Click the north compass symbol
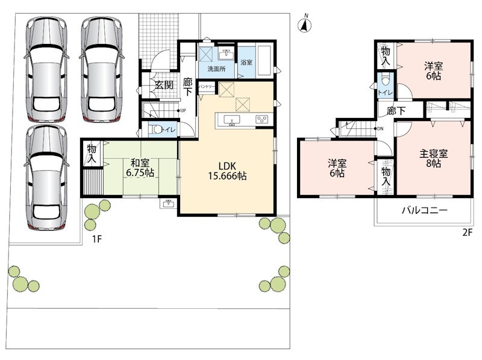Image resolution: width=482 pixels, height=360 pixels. (304, 25)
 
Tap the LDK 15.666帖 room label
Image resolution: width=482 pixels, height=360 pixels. (228, 171)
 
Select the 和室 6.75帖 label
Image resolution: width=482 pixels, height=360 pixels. (140, 168)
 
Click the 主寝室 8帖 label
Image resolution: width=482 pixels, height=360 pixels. (433, 158)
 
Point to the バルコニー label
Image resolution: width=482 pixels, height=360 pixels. (425, 211)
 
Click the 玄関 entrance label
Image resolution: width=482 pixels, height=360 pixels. (164, 85)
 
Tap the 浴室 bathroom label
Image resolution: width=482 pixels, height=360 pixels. (246, 63)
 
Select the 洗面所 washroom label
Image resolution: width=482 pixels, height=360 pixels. (216, 69)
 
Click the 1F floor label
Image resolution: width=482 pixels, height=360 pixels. (97, 239)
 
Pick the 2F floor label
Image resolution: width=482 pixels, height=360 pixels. (468, 232)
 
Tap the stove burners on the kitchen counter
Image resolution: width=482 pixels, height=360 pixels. (262, 119)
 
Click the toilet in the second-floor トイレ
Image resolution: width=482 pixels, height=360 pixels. (386, 80)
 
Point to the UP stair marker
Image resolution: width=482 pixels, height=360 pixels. (181, 110)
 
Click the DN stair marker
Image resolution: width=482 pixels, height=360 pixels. (379, 129)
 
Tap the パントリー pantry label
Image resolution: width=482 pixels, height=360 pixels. (207, 87)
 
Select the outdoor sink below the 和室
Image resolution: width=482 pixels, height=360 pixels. (168, 204)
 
